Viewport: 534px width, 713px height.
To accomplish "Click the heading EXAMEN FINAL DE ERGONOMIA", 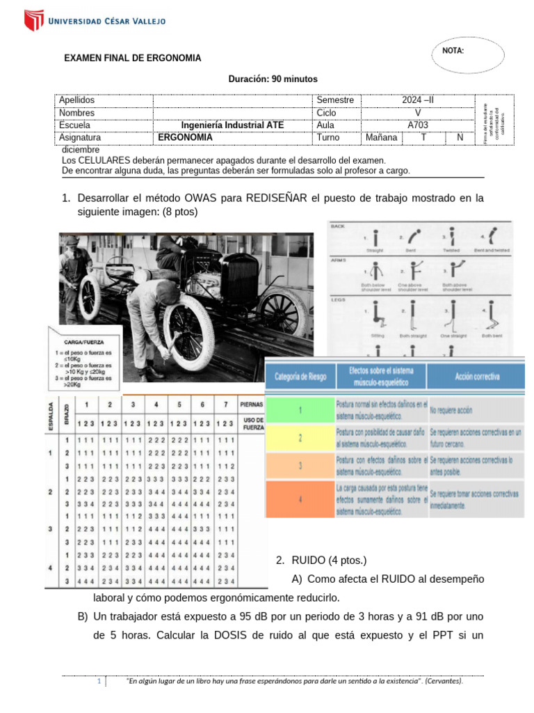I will pyautogui.click(x=133, y=58).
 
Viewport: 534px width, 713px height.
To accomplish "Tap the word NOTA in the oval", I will pyautogui.click(x=453, y=51).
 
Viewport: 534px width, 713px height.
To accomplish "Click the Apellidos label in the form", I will pyautogui.click(x=76, y=100).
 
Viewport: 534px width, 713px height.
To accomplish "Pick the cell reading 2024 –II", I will pyautogui.click(x=417, y=100).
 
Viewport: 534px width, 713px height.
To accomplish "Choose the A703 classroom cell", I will pyautogui.click(x=417, y=125).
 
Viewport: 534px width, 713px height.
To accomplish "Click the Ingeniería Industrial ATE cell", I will pyautogui.click(x=232, y=125).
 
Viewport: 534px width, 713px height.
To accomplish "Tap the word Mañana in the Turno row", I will pyautogui.click(x=382, y=138).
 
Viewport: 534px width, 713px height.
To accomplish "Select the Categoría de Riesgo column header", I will pyautogui.click(x=300, y=377).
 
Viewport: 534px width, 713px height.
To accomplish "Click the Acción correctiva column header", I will pyautogui.click(x=476, y=377).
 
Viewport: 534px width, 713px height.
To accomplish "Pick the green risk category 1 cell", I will pyautogui.click(x=300, y=410).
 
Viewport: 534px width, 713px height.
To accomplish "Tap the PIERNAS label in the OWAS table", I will pyautogui.click(x=251, y=404).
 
